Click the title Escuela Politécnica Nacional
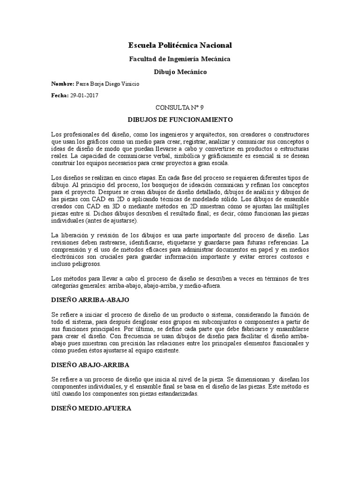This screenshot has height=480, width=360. point(180,45)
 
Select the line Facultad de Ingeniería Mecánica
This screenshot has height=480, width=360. point(180,59)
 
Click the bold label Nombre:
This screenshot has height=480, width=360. point(63,83)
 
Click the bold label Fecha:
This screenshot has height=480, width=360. point(60,95)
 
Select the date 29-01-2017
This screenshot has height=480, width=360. point(84,95)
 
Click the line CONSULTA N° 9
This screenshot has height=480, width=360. point(180,107)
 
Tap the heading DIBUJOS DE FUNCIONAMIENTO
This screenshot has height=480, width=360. point(180,120)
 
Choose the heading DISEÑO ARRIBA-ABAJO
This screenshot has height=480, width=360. point(90,299)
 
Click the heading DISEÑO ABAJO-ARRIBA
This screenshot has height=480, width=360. point(90,364)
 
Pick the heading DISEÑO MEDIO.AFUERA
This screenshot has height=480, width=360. point(91,408)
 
